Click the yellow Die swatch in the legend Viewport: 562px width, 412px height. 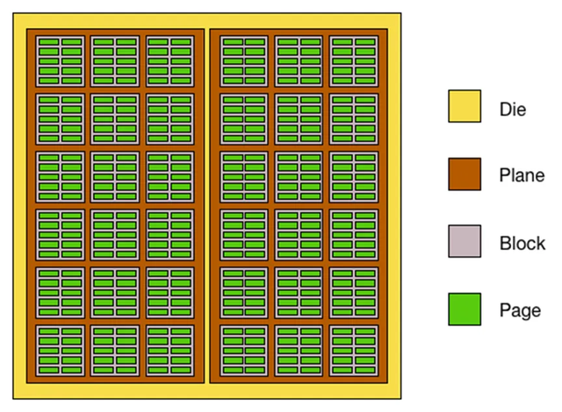[x=464, y=107]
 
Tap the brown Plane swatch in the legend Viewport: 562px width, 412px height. [x=464, y=174]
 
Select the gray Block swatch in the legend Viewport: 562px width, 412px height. [x=464, y=241]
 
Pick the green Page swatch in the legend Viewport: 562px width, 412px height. [x=464, y=309]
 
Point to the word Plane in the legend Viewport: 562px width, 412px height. [x=522, y=175]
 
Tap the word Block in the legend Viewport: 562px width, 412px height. [x=521, y=242]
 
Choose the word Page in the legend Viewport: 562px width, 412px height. [x=520, y=309]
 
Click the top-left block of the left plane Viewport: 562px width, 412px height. [x=61, y=60]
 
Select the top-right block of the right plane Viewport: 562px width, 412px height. [x=353, y=60]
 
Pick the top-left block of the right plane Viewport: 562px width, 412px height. [x=244, y=60]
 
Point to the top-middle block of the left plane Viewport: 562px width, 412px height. [x=115, y=60]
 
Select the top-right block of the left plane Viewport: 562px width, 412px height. [x=169, y=60]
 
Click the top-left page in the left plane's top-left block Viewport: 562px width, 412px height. [x=49, y=42]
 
